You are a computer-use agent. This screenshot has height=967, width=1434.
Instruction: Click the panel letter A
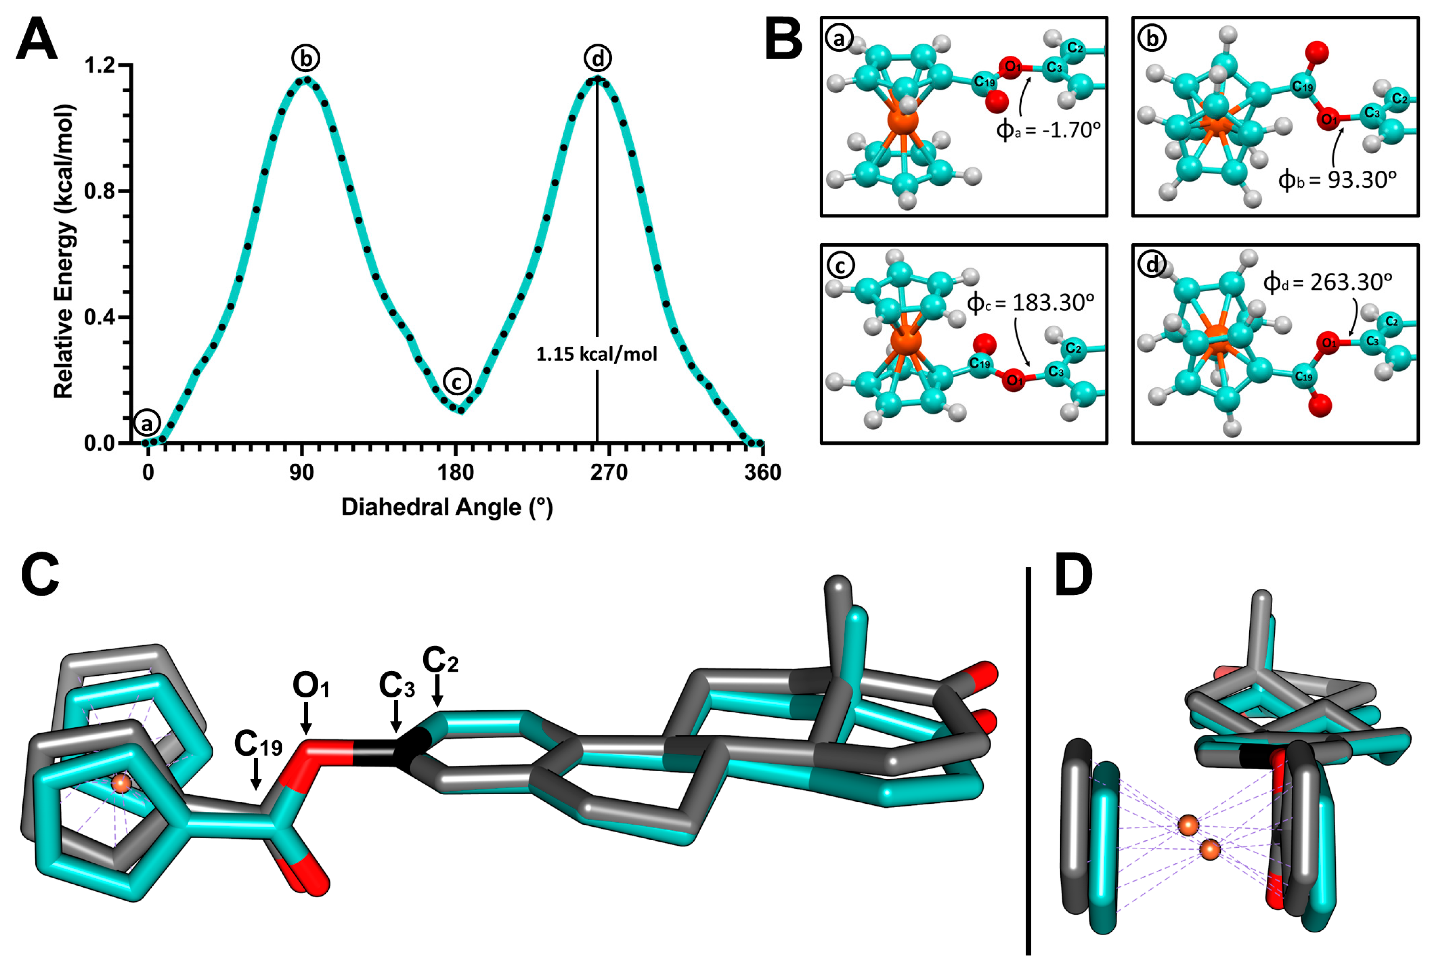(37, 38)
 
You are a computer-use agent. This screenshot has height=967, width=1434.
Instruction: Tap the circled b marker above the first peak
(306, 58)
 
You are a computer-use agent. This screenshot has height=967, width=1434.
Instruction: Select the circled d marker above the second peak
(597, 58)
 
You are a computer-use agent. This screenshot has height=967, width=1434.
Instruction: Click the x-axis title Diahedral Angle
(447, 507)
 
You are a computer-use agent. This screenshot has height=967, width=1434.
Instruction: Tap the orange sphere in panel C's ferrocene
(122, 784)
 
